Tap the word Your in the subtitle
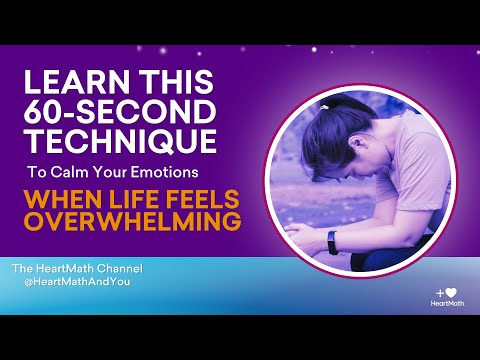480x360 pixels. (x=164, y=171)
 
